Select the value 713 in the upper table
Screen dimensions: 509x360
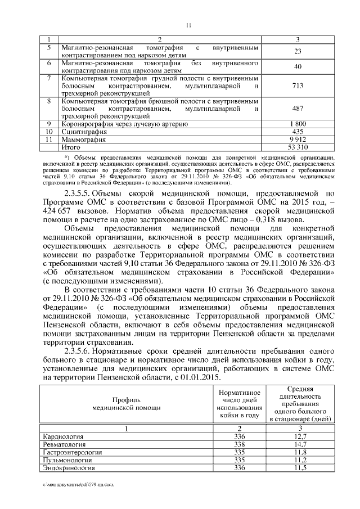click(x=298, y=86)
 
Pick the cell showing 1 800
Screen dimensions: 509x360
click(x=298, y=123)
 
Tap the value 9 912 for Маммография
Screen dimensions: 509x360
click(x=298, y=138)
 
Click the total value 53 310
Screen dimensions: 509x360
click(x=298, y=146)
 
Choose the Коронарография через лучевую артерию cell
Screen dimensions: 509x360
click(x=124, y=123)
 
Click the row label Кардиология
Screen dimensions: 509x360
click(x=64, y=436)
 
